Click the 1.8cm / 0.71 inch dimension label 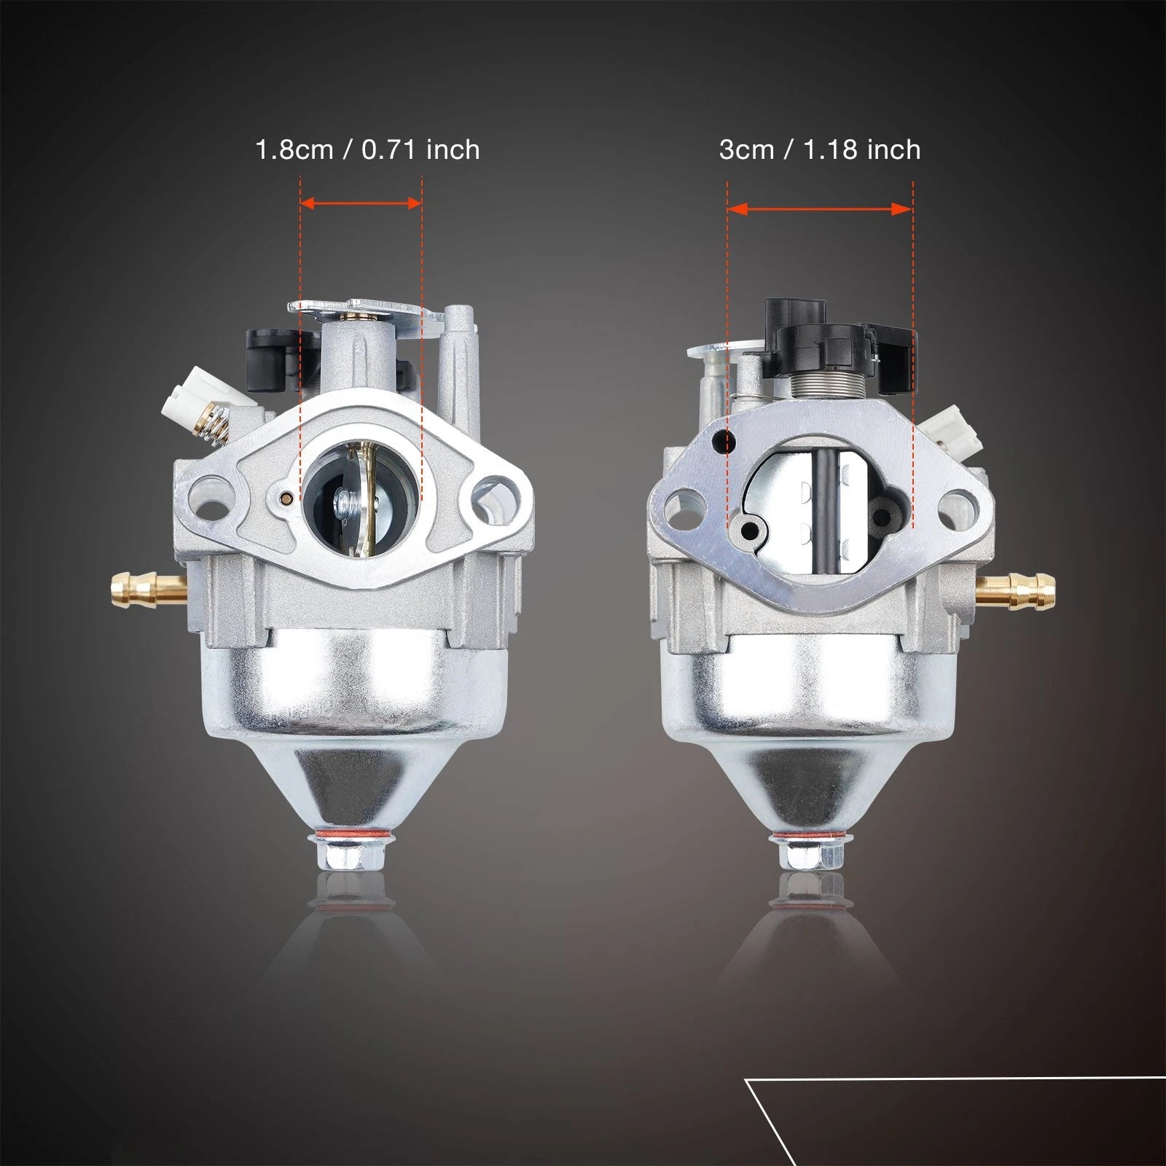click(x=367, y=149)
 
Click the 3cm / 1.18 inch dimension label click(x=820, y=149)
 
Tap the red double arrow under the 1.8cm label click(x=361, y=203)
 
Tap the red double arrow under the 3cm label click(x=820, y=209)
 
